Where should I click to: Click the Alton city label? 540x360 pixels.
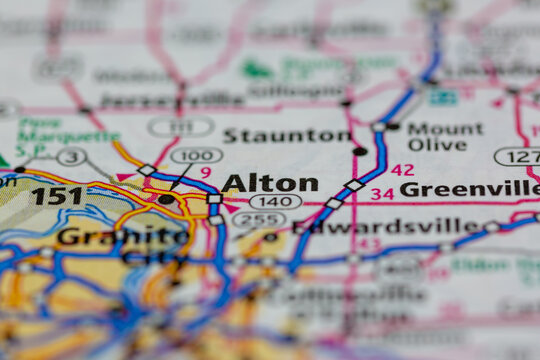tap(270, 183)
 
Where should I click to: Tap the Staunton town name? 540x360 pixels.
tap(286, 135)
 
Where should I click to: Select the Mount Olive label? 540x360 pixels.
tap(444, 136)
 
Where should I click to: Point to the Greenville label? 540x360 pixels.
tap(469, 189)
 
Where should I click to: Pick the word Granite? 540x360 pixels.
tap(109, 236)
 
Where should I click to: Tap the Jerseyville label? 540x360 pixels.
tap(172, 101)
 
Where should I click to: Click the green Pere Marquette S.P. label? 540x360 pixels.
tap(67, 130)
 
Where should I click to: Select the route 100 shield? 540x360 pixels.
tap(196, 155)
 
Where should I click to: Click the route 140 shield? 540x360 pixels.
tap(275, 202)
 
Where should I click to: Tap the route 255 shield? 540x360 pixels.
tap(258, 219)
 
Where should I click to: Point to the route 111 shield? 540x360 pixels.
tap(181, 127)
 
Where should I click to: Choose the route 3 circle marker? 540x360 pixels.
tap(71, 156)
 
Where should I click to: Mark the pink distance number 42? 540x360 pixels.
tap(402, 170)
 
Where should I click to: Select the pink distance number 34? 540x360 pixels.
tap(382, 193)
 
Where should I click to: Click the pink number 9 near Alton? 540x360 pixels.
tap(206, 173)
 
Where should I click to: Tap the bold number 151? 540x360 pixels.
tap(57, 195)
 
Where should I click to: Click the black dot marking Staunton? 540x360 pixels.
tap(359, 151)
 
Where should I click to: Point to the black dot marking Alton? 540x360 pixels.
tap(165, 199)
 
